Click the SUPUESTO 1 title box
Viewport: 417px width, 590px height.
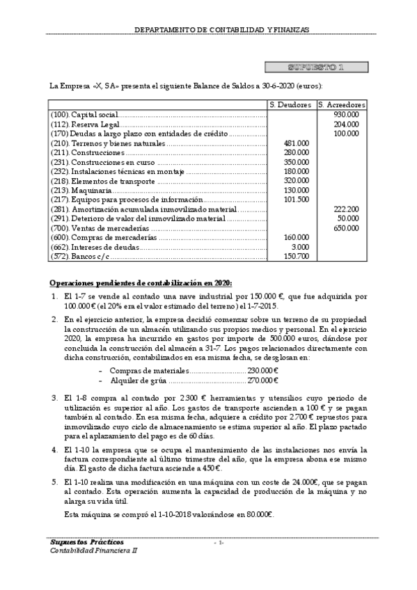click(316, 67)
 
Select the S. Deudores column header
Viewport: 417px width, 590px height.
click(291, 104)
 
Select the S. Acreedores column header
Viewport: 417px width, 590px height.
click(341, 104)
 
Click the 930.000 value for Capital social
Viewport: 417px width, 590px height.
click(347, 114)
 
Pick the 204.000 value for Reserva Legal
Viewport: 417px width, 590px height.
click(347, 124)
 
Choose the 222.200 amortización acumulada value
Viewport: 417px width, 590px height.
click(347, 209)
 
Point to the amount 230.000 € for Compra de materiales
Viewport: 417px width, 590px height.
click(263, 371)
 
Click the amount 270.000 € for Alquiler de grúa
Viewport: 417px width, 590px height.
click(263, 381)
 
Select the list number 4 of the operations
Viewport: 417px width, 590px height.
click(55, 450)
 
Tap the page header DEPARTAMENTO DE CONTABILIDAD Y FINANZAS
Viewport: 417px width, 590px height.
click(221, 30)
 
